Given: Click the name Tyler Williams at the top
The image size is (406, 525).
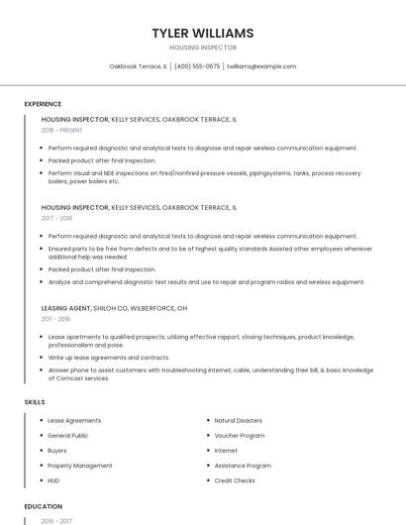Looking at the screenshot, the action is click(x=203, y=33).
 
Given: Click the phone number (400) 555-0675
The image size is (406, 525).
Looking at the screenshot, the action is click(x=197, y=66).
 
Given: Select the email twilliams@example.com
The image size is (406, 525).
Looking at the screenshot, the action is click(x=261, y=66).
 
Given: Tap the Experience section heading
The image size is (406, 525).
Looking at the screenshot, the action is click(x=43, y=104).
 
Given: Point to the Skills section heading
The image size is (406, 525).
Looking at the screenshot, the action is click(x=35, y=402).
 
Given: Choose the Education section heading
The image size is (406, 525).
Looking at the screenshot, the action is click(x=43, y=506).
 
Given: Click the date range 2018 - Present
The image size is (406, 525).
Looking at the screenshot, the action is click(x=62, y=130).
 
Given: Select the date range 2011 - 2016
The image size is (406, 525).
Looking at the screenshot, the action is click(x=55, y=319).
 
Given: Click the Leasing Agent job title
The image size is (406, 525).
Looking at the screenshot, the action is click(x=66, y=308).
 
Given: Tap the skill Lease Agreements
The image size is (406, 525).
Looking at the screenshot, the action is click(x=74, y=421).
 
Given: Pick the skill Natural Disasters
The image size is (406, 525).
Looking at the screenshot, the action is click(x=238, y=421).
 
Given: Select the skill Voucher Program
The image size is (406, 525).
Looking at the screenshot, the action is click(x=239, y=436).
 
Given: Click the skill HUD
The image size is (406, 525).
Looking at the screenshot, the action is click(x=53, y=480).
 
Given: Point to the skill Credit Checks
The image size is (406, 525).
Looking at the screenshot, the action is click(x=235, y=480).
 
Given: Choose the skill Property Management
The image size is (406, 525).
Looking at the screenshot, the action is click(x=79, y=466).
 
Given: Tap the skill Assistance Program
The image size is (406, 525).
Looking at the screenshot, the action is click(x=243, y=466).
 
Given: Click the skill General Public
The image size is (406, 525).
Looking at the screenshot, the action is click(x=68, y=436).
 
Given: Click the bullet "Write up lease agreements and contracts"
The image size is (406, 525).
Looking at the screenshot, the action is click(x=109, y=358).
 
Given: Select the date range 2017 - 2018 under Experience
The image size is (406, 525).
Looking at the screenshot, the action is click(x=57, y=218).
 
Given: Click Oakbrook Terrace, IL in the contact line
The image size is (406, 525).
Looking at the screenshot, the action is click(x=138, y=66).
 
